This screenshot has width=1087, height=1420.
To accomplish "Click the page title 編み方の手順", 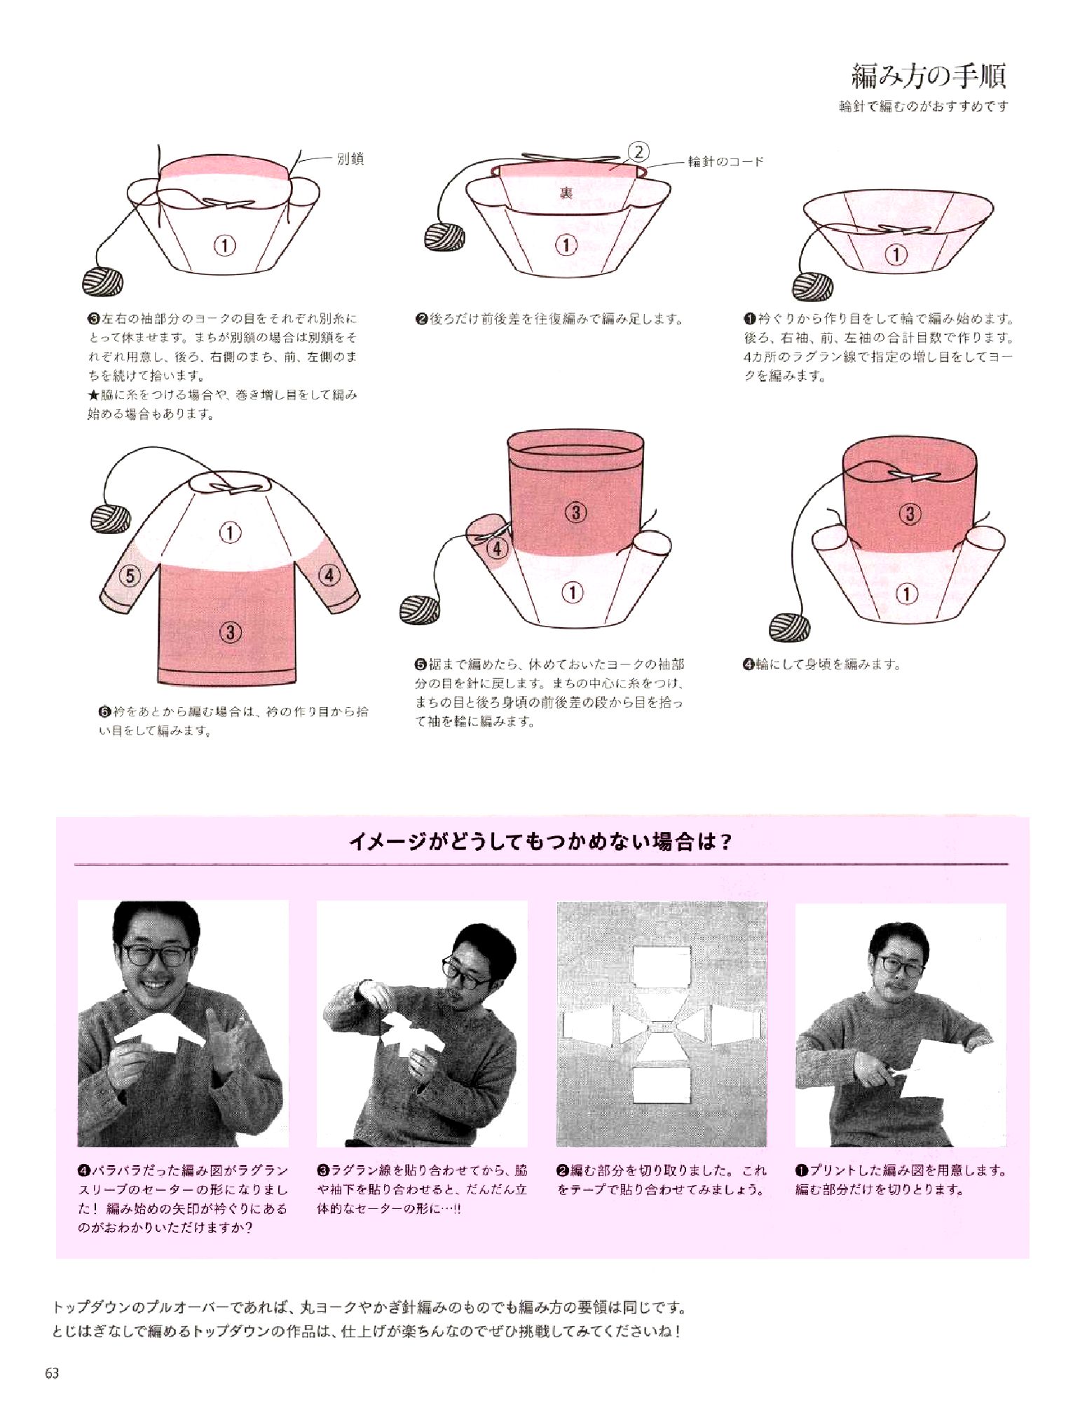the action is coord(929,76).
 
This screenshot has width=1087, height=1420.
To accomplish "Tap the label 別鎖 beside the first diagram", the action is coord(350,158).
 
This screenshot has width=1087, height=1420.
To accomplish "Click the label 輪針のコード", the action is coord(725,161).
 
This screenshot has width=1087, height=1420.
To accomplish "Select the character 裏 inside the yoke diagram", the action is coord(566,192).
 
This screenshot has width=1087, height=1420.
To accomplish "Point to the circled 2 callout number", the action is coord(638,151).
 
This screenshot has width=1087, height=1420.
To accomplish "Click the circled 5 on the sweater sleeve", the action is coord(130,575).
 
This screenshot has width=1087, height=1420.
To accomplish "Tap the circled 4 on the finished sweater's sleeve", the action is coord(329,575).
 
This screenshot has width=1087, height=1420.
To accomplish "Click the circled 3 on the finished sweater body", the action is coord(231,632).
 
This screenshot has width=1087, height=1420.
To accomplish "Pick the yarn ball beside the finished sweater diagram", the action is coord(111,519).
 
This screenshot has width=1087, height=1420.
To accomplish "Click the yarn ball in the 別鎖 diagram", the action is coord(103,282).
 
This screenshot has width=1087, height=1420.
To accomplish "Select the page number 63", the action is coord(52,1373).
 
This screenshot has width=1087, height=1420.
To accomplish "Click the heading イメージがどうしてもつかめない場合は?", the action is coord(540,841).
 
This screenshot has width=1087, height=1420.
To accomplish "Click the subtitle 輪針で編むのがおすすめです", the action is coord(924,107).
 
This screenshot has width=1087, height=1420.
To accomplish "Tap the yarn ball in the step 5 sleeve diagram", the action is coord(420,609).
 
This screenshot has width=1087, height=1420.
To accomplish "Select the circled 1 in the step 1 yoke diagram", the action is coord(896,254).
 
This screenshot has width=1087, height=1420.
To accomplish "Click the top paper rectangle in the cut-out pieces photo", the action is coord(662,966).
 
